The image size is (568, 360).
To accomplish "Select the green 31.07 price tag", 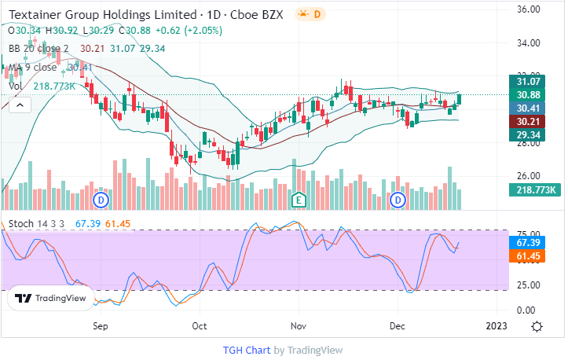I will [x=533, y=81].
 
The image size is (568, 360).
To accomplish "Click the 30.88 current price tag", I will [x=533, y=94].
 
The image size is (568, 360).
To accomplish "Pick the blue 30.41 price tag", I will [x=533, y=108].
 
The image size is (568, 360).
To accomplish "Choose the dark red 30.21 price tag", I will [x=533, y=122].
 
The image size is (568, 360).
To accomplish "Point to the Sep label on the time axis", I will [x=100, y=325].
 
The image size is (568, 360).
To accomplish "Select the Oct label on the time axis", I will [x=200, y=325].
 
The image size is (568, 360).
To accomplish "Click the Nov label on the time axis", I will [x=298, y=325].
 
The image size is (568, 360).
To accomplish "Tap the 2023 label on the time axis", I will [x=496, y=325].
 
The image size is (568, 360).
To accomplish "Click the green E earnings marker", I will [x=299, y=200].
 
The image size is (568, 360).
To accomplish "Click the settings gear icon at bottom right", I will [x=537, y=326].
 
